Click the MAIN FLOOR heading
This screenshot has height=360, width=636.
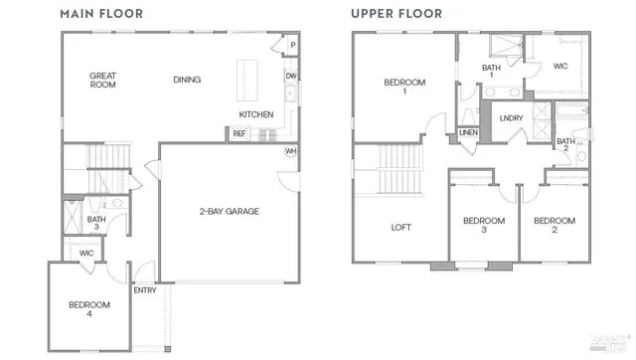100,14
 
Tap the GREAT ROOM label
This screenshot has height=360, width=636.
102,80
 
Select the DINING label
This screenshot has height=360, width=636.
187,80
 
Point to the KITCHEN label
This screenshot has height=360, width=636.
255,114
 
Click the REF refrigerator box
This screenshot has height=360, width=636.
240,133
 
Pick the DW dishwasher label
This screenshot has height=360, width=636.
290,77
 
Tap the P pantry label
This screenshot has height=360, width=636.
292,46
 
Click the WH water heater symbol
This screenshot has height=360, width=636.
291,151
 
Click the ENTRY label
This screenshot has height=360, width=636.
144,290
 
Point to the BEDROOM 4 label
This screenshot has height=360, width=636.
89,309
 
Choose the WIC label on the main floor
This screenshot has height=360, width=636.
86,254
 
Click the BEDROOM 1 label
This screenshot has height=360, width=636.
404,87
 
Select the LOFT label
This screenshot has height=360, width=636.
400,227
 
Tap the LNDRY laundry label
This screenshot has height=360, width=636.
511,117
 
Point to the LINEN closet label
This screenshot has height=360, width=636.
468,132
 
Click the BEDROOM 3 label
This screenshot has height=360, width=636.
484,225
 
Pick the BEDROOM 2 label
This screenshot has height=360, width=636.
554,225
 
